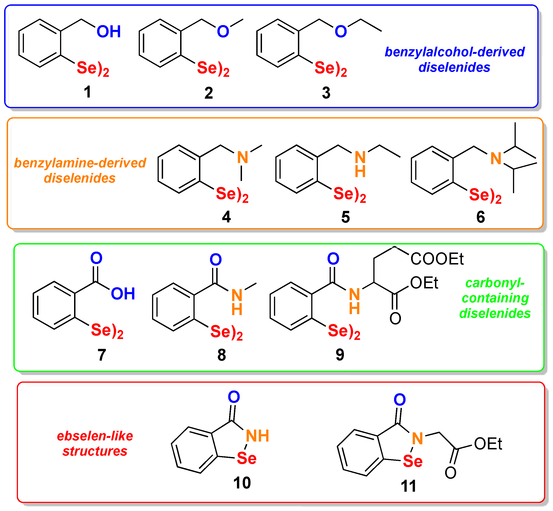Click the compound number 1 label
click(87, 92)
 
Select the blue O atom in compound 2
click(223, 32)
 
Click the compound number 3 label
click(326, 93)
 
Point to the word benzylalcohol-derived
click(455, 52)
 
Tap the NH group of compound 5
click(360, 164)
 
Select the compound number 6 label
click(481, 217)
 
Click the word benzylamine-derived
click(80, 163)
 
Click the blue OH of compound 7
click(123, 294)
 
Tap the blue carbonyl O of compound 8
click(216, 259)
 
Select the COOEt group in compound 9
click(437, 259)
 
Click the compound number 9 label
click(340, 355)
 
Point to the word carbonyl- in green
click(495, 283)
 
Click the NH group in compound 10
click(257, 436)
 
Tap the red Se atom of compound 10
click(247, 459)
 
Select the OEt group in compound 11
click(488, 444)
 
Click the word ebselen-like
click(95, 436)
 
